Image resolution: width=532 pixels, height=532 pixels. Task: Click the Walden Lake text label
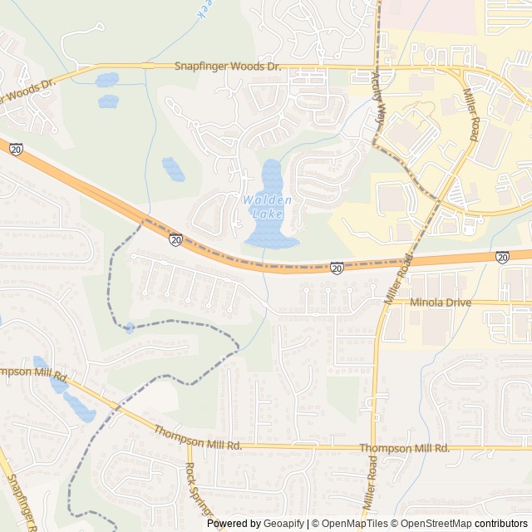(x=267, y=207)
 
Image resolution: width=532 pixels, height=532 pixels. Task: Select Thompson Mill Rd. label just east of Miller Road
(x=404, y=448)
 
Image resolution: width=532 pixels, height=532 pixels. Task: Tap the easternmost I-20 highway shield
(x=503, y=259)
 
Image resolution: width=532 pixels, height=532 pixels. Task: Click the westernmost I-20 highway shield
(x=16, y=149)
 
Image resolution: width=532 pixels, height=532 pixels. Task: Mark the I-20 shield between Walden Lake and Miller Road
(x=337, y=268)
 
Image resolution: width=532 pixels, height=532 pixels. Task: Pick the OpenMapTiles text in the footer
(x=354, y=524)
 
